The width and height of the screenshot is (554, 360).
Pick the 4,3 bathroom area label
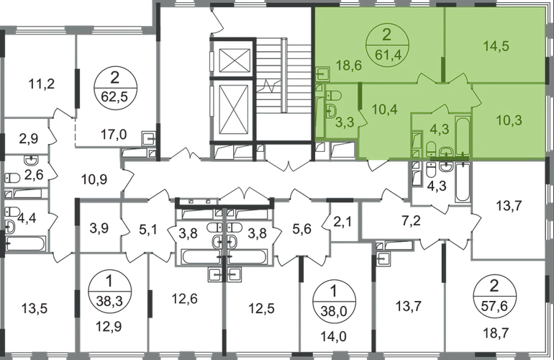tap(439, 130)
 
